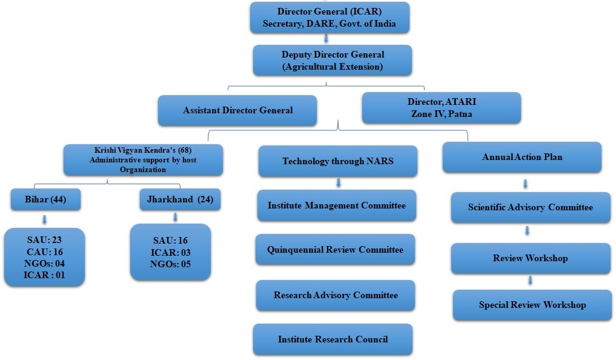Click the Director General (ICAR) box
pos(330,18)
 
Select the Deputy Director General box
pos(333,61)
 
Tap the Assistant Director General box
pos(237,110)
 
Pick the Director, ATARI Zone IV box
pos(442,108)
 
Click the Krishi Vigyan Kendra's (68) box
pos(143,160)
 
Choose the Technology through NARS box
pos(337,161)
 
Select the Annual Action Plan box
pos(522,158)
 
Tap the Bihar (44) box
pos(45,199)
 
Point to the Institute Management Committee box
pos(336,205)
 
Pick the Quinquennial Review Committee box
pos(335,250)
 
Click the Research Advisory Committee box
pos(336,296)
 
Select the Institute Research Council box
pos(333,339)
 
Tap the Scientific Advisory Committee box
pos(530,207)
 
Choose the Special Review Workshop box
pos(532,305)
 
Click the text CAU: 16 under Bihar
pos(44,252)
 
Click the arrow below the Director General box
pos(326,39)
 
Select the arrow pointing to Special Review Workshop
pos(530,280)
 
